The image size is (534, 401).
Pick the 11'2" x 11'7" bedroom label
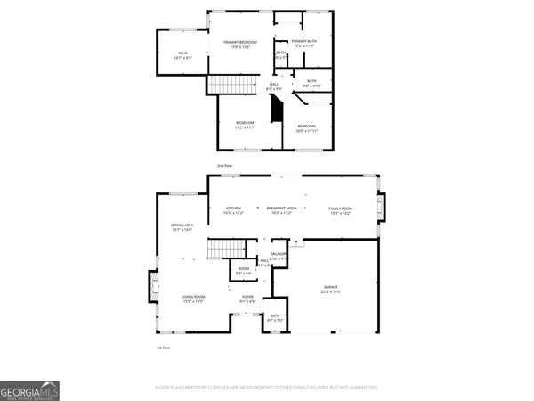(x=245, y=125)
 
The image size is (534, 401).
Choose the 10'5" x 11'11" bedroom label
(x=306, y=128)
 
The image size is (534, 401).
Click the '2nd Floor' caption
(x=224, y=166)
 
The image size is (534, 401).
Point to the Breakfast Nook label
(x=280, y=210)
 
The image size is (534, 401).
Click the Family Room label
(x=342, y=210)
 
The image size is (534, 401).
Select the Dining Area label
(x=182, y=228)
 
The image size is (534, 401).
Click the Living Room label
(x=194, y=299)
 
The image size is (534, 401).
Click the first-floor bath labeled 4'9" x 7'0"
(x=275, y=318)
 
